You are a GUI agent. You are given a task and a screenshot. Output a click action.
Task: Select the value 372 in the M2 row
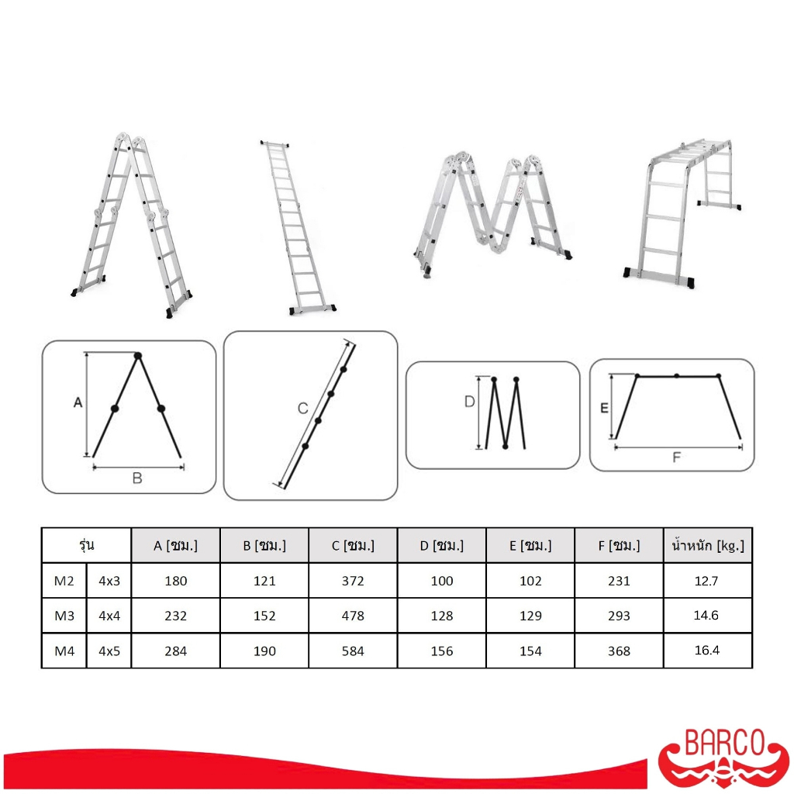tap(353, 581)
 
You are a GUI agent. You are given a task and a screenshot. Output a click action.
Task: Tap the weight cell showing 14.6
tap(706, 615)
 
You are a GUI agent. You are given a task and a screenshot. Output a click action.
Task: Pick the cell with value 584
tap(353, 651)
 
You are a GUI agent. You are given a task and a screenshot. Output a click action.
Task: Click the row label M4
tap(64, 651)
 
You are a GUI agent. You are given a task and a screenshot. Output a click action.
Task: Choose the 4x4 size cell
tap(109, 616)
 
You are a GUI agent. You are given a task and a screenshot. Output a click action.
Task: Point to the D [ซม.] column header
tap(441, 545)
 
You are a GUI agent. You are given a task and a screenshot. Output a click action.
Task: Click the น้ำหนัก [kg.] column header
tap(707, 545)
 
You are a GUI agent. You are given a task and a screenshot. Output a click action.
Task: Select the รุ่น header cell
tap(87, 544)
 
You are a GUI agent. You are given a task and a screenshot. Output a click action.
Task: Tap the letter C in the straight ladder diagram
tap(303, 408)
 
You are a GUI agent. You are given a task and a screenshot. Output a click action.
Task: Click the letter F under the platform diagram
tap(676, 457)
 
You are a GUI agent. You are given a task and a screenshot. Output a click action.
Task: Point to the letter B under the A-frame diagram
tap(137, 478)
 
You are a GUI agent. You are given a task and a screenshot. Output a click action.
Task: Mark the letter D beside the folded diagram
tap(469, 402)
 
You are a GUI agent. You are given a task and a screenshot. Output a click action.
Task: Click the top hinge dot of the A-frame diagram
tap(138, 356)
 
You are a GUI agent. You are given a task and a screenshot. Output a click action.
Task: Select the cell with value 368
tap(619, 651)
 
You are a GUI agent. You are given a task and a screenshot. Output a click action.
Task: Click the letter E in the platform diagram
tap(604, 408)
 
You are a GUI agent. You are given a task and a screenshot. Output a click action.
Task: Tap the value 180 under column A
tap(176, 581)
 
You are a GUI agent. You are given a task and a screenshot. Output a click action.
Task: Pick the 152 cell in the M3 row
tap(264, 616)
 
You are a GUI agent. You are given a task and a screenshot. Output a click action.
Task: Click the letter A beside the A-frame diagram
tap(78, 402)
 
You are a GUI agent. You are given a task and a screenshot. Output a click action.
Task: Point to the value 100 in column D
tap(441, 581)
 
